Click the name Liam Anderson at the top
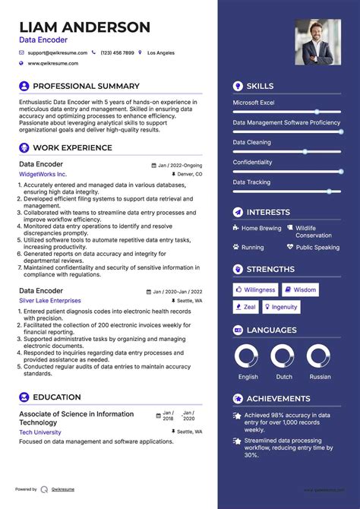tap(84, 27)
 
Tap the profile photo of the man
tap(317, 43)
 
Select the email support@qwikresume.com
tap(57, 53)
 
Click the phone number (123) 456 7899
tap(117, 53)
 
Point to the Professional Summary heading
tap(86, 87)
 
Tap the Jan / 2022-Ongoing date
tap(180, 165)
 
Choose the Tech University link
tap(40, 432)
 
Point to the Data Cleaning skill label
tap(251, 142)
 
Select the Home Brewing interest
tap(261, 228)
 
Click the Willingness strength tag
tap(255, 289)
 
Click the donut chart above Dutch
tap(282, 357)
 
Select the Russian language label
tap(319, 377)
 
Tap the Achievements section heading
tap(278, 399)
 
